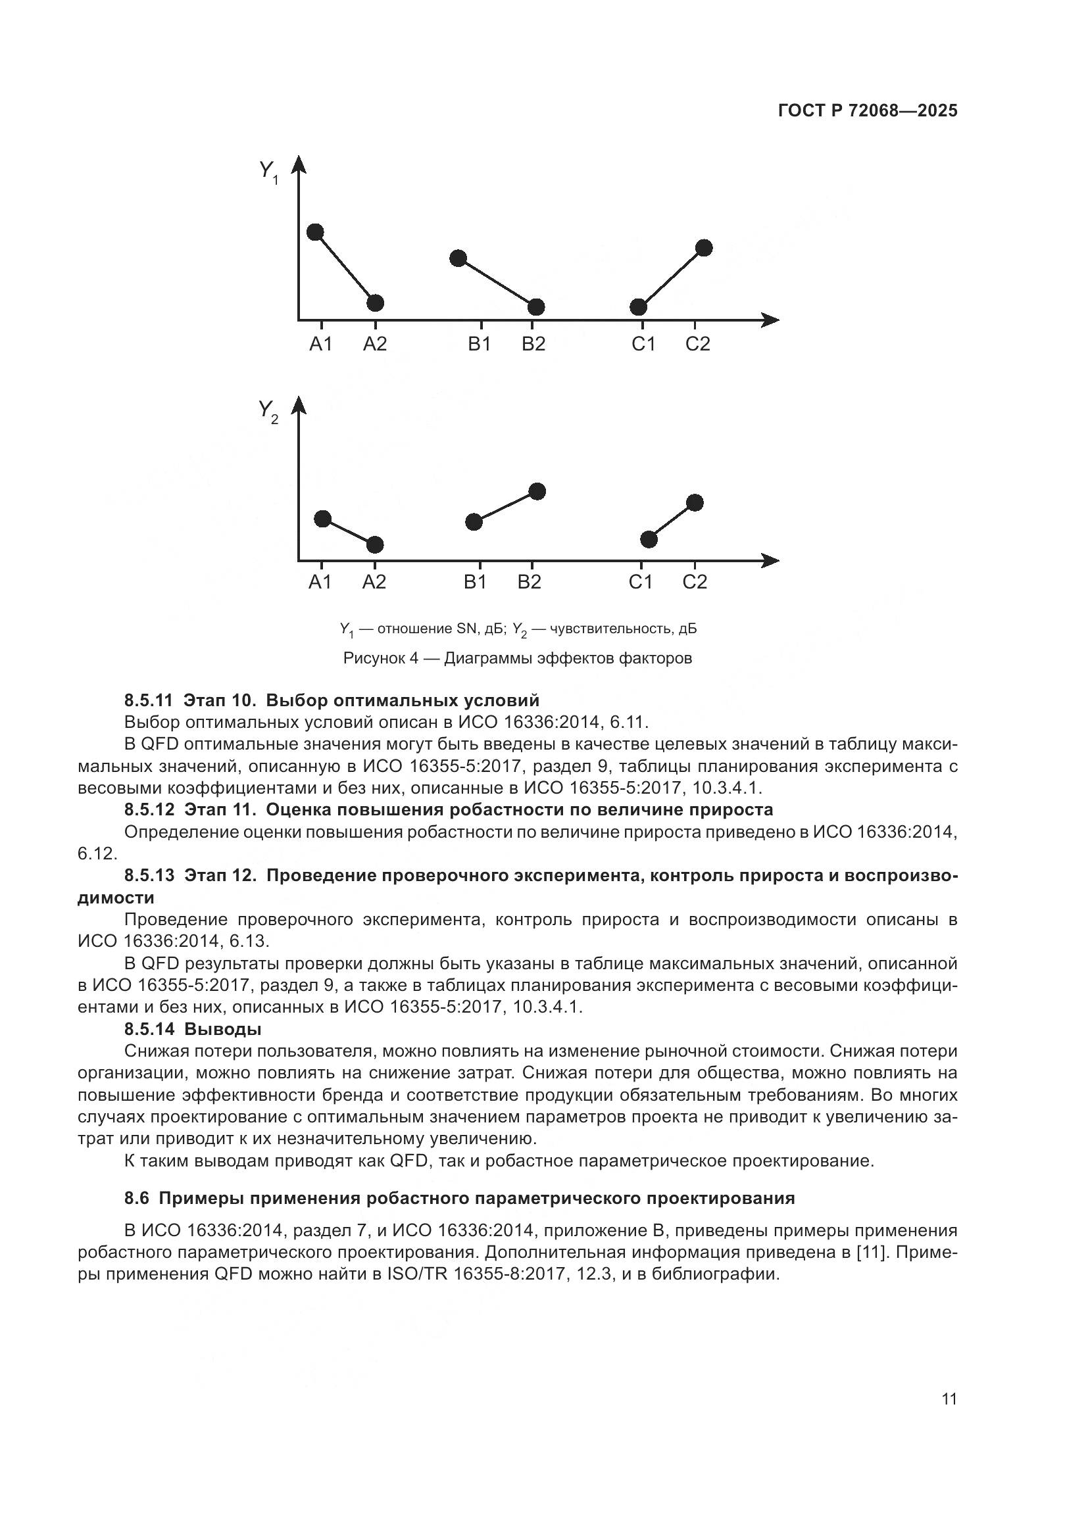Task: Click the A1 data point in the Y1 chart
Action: (x=315, y=232)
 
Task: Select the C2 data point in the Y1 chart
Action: (x=703, y=248)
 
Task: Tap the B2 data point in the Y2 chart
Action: (x=537, y=491)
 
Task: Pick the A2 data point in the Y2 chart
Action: (x=375, y=544)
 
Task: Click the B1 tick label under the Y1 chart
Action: (x=479, y=345)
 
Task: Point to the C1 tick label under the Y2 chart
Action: (x=641, y=582)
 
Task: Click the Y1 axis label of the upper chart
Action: (x=268, y=172)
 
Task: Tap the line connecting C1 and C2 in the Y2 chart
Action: (x=672, y=521)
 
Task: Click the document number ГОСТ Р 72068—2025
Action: (x=868, y=111)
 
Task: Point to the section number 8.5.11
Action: (x=149, y=701)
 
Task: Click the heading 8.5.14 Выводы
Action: (x=193, y=1028)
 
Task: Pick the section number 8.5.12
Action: (x=149, y=810)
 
